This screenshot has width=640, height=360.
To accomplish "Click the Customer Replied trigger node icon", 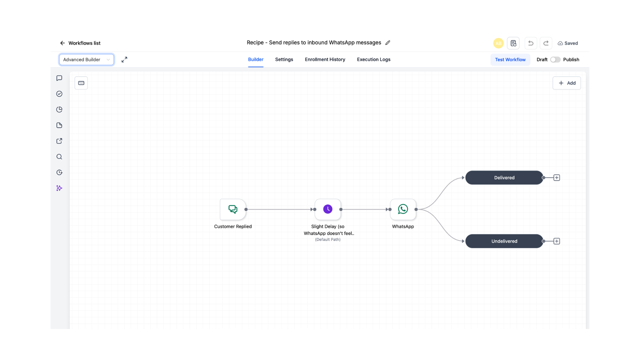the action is [x=233, y=209].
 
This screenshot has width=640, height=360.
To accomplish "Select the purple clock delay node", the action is [x=328, y=209].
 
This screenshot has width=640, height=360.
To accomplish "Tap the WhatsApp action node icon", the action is [x=403, y=209].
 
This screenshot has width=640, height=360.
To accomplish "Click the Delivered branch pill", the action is [x=504, y=178].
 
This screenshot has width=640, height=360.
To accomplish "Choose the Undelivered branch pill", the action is [x=504, y=241].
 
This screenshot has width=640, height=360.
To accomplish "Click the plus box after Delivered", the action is [x=557, y=178].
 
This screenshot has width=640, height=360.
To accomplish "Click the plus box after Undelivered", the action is [x=557, y=241].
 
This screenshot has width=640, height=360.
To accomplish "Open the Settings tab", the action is [x=284, y=60].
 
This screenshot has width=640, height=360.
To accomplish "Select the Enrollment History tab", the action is [x=325, y=60].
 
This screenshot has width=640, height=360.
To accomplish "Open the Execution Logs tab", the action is [x=374, y=60].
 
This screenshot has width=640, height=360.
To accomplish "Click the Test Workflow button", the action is [x=510, y=60].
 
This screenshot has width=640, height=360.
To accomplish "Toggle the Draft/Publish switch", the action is [x=555, y=60].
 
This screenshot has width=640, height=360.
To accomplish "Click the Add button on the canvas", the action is [x=567, y=83].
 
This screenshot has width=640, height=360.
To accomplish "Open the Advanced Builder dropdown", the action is [x=87, y=60].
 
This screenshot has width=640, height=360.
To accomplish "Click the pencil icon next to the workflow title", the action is [x=388, y=43].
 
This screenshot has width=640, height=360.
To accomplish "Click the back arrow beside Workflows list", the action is [x=62, y=43].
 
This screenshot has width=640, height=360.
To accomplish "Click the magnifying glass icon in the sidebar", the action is [x=59, y=157].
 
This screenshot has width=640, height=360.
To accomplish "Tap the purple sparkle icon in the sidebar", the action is [x=59, y=188].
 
